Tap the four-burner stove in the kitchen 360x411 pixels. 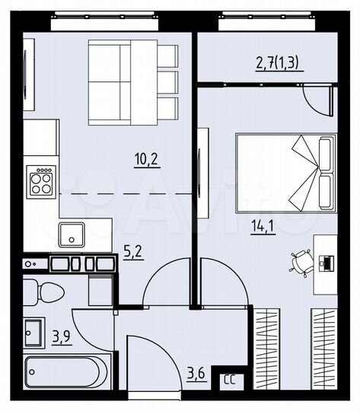point(40,183)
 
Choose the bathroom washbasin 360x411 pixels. point(33,331)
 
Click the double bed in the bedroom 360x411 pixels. point(285,172)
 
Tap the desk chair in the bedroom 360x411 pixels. point(298,261)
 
